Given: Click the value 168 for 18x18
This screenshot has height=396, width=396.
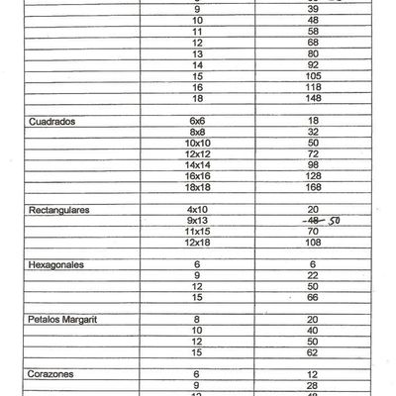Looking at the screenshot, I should [314, 186].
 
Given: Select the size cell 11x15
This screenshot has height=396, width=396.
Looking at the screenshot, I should [198, 231].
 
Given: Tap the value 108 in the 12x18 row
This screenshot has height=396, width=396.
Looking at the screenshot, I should [314, 242].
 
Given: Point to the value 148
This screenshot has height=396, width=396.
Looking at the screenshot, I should [314, 99].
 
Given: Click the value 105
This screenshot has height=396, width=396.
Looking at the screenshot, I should [314, 75].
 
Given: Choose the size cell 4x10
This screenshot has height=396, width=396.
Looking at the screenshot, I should [198, 209].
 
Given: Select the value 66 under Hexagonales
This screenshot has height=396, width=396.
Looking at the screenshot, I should [314, 297].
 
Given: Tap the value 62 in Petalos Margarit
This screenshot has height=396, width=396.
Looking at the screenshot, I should [314, 351].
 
